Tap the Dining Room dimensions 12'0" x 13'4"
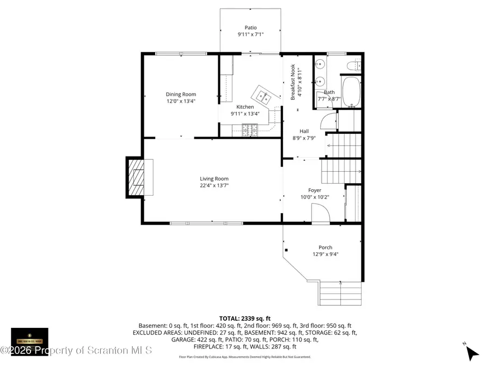tap(181, 101)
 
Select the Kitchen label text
tap(245, 107)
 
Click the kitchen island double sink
tap(265, 97)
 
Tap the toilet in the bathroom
tap(355, 66)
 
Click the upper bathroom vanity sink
tap(320, 65)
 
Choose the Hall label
tap(304, 131)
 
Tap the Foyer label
tap(315, 190)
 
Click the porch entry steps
tap(340, 293)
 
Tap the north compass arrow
tap(471, 352)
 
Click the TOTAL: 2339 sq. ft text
tap(244, 319)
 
